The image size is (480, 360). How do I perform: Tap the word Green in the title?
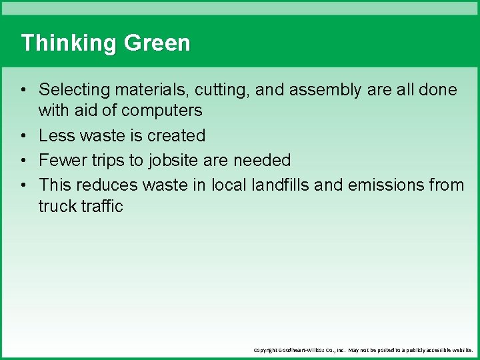point(157,43)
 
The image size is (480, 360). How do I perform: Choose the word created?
point(177,135)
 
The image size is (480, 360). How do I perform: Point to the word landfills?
point(280,185)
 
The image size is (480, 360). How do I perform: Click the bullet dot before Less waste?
point(23,136)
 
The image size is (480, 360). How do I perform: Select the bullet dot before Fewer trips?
point(23,161)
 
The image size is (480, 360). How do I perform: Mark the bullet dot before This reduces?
point(23,185)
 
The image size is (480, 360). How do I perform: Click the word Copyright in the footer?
point(269,350)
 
